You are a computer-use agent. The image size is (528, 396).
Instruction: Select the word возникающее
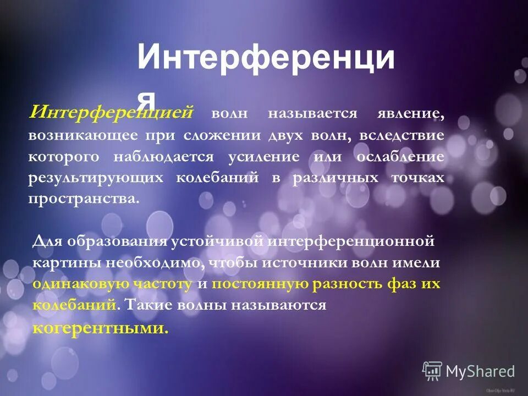[79, 135]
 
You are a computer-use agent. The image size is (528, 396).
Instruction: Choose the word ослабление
[400, 157]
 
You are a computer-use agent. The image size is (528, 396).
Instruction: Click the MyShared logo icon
[432, 371]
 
